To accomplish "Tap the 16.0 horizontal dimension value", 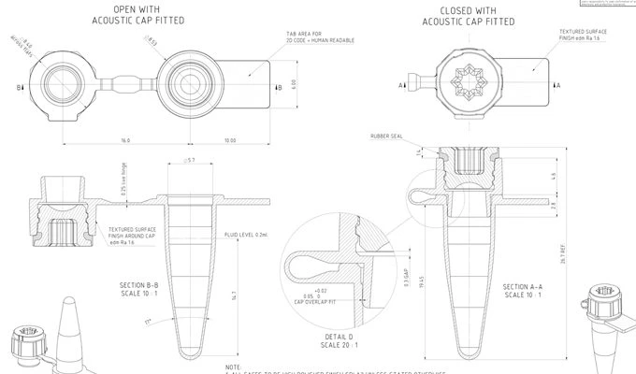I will tap(125, 140).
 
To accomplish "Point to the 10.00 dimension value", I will tap(230, 140).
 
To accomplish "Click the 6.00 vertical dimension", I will tap(294, 83).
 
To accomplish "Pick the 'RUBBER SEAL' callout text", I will tap(388, 137).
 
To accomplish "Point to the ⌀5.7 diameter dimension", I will tap(190, 161).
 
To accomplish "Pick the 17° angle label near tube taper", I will tap(148, 322).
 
